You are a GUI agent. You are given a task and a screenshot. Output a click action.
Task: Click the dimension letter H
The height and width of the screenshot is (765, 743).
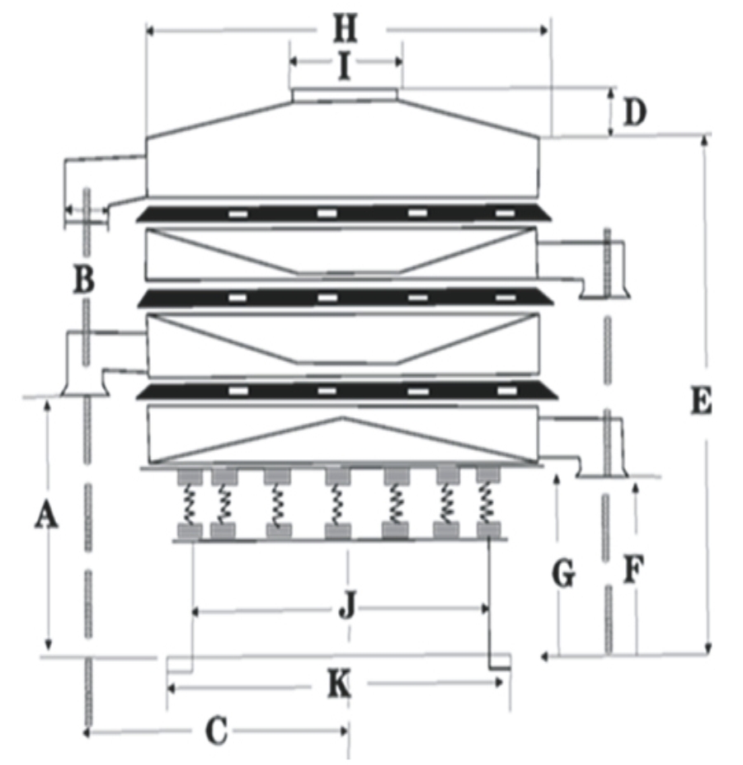[346, 29]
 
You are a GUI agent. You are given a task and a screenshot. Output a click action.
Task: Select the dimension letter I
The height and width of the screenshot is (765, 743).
[345, 66]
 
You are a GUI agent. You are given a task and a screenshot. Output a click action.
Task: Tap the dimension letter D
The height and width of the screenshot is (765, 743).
[635, 112]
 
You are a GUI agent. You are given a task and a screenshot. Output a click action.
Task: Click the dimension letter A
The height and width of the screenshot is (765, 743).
[46, 516]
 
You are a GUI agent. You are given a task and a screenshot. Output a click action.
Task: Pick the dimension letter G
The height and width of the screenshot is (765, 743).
[564, 573]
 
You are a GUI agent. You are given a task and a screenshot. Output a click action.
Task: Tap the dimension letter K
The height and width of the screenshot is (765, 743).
[338, 684]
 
